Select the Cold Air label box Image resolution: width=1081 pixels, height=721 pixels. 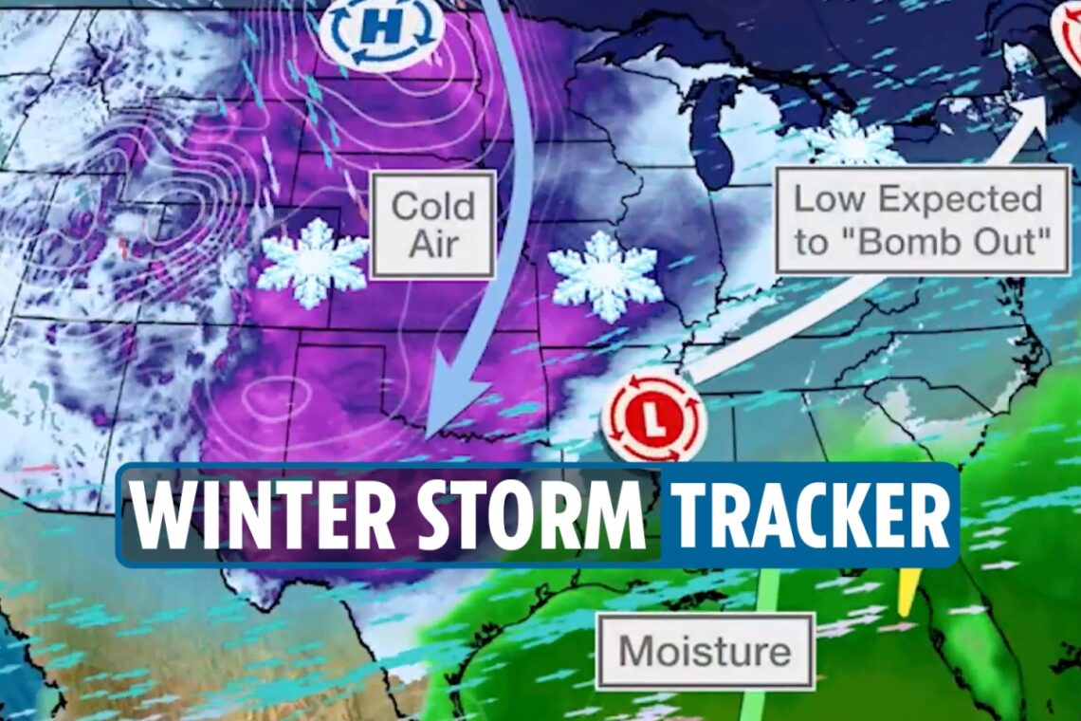point(431,225)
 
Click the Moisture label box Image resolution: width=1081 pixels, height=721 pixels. point(705,652)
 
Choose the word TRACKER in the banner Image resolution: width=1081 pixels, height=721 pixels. point(812,516)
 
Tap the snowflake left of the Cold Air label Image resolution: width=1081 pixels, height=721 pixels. point(313,263)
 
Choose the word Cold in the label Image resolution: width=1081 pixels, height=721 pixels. point(432,204)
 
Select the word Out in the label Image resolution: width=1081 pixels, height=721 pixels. point(1017,242)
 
